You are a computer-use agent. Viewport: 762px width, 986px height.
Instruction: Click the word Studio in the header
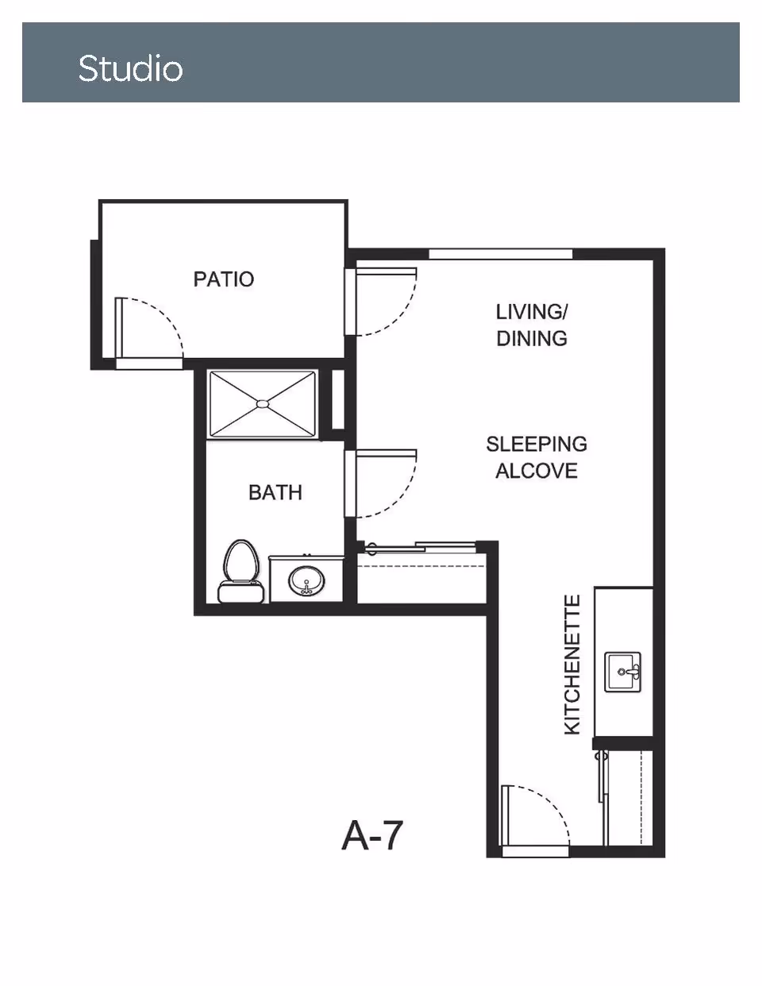pyautogui.click(x=130, y=69)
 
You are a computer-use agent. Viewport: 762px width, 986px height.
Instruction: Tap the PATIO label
pyautogui.click(x=224, y=279)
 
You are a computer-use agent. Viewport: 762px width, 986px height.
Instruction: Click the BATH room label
pyautogui.click(x=275, y=493)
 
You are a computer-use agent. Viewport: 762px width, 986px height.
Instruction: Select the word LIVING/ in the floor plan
pyautogui.click(x=532, y=311)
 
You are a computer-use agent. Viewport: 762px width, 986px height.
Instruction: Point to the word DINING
pyautogui.click(x=532, y=338)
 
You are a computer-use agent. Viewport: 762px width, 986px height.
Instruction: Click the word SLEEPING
pyautogui.click(x=537, y=444)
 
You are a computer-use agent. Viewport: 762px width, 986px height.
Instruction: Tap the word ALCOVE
pyautogui.click(x=537, y=471)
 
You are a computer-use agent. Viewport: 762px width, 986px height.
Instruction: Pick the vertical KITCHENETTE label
pyautogui.click(x=572, y=665)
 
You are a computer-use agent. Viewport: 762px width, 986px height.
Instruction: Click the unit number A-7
pyautogui.click(x=372, y=835)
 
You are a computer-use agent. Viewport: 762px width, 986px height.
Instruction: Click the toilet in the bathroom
pyautogui.click(x=241, y=572)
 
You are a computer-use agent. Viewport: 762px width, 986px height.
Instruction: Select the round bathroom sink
pyautogui.click(x=306, y=583)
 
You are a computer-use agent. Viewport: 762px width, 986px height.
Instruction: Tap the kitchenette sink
pyautogui.click(x=623, y=672)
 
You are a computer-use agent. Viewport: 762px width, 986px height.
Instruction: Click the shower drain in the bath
pyautogui.click(x=262, y=404)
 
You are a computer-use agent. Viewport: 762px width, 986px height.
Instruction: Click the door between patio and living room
pyautogui.click(x=385, y=302)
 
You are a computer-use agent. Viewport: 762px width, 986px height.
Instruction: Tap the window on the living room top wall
pyautogui.click(x=500, y=254)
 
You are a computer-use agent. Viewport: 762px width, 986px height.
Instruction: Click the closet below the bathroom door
pyautogui.click(x=421, y=584)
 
